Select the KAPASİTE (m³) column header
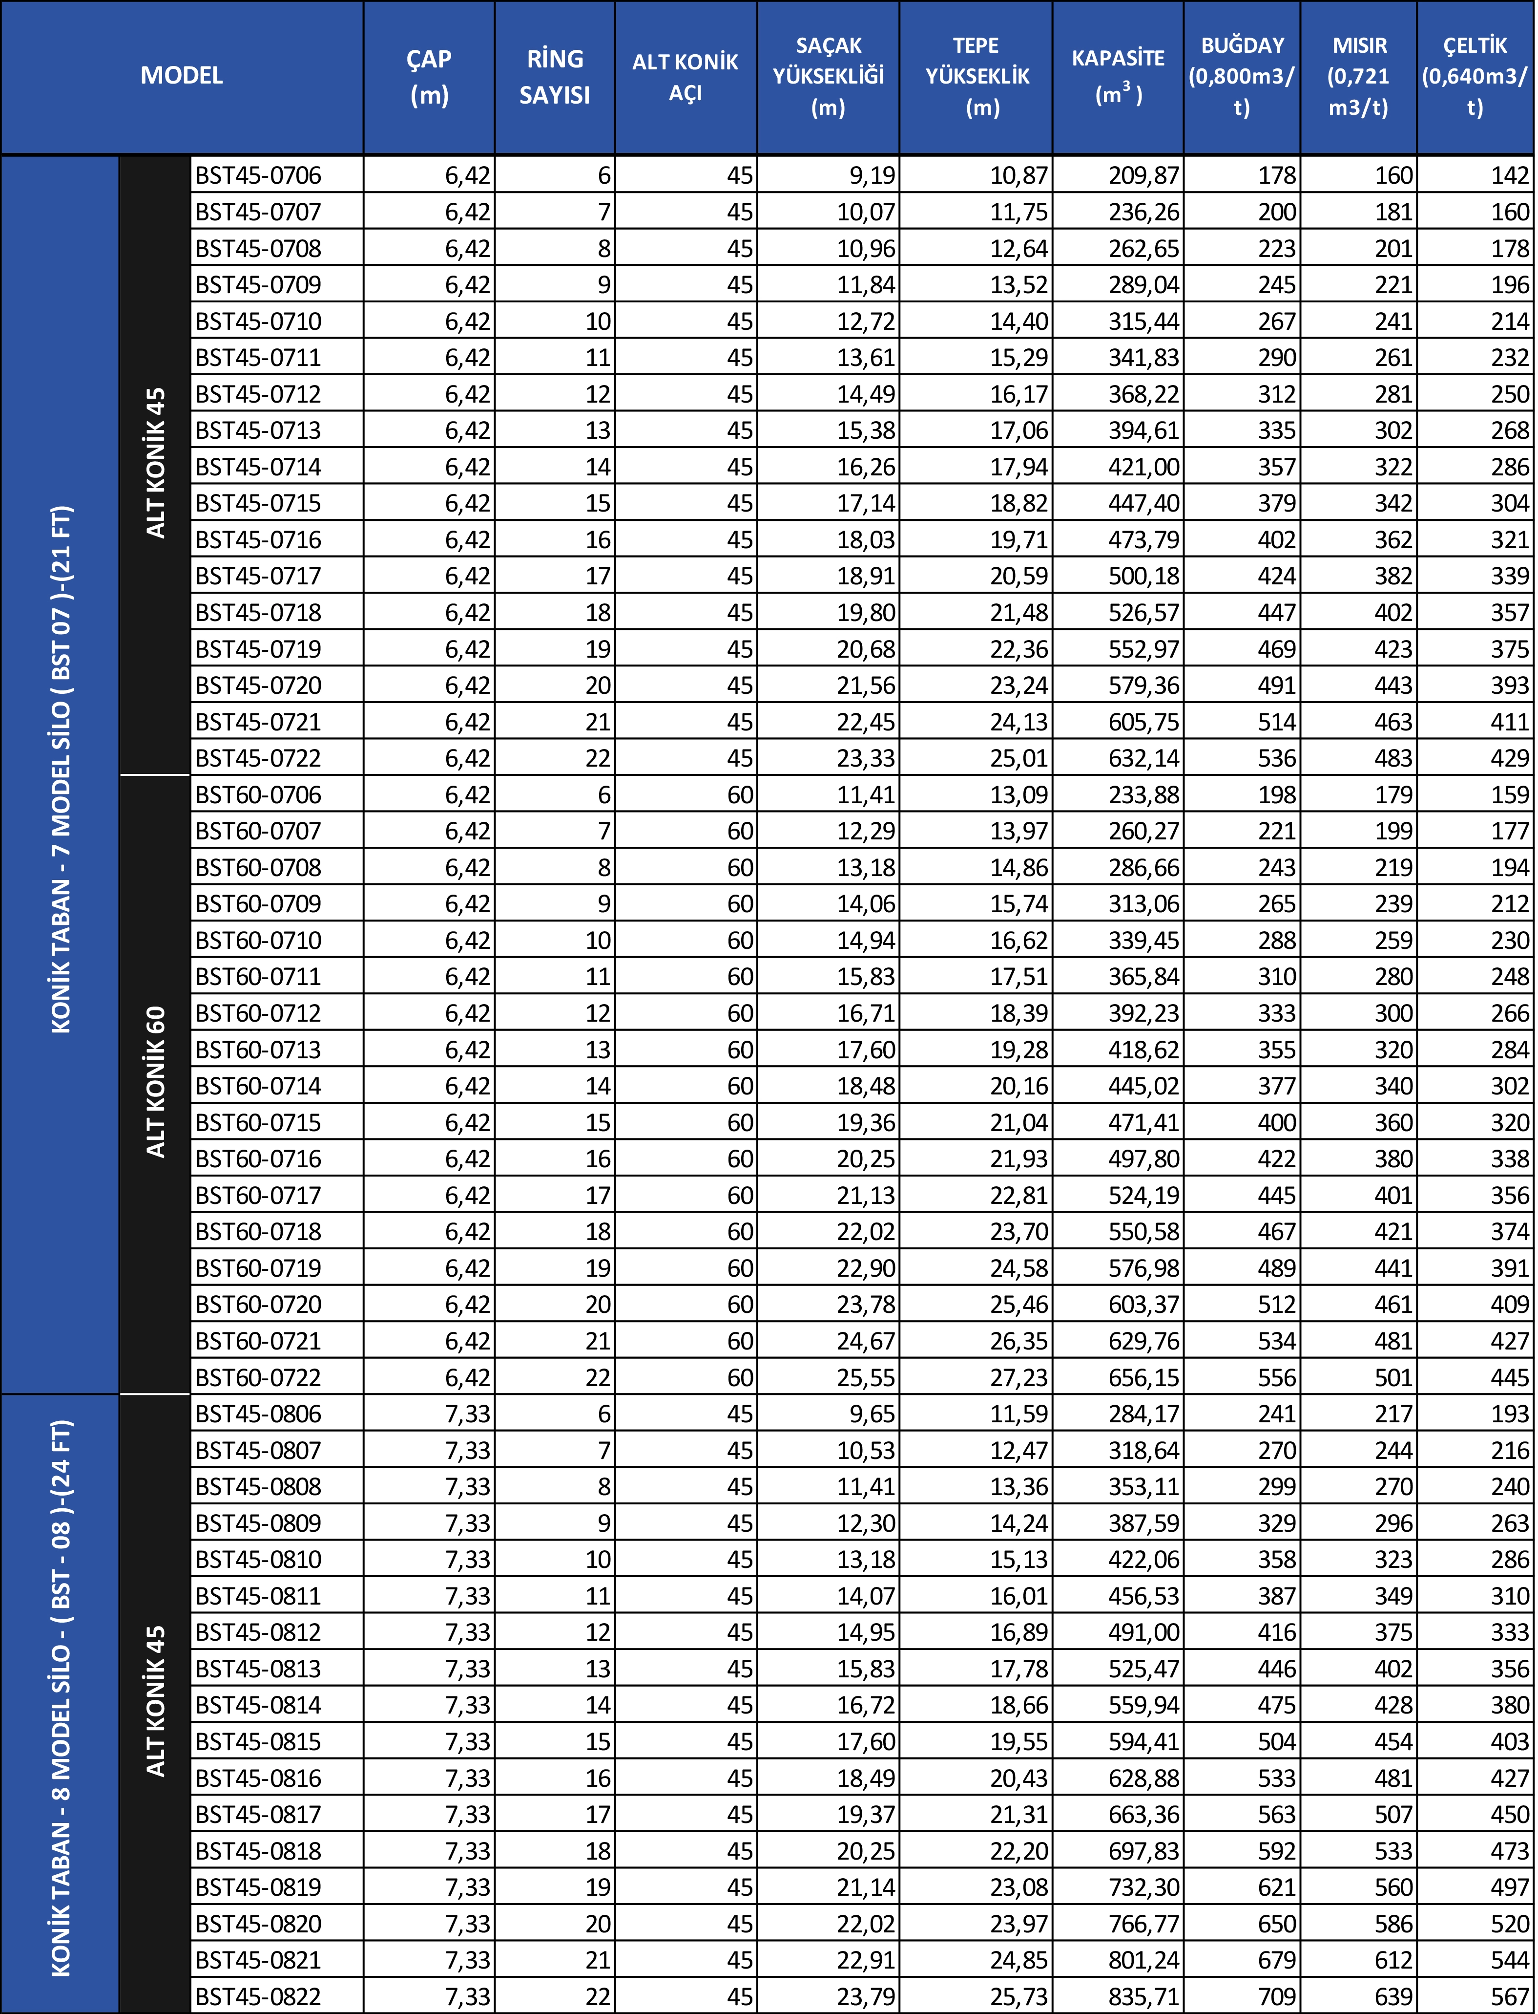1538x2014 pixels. point(1118,76)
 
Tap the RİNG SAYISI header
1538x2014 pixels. point(555,76)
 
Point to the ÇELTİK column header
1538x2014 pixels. point(1475,76)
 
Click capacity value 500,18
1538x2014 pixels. point(1143,576)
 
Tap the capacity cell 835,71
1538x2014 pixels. point(1143,1996)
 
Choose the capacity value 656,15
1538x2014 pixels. point(1143,1377)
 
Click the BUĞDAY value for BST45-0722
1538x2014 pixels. point(1276,758)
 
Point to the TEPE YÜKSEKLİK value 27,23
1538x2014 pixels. point(1018,1377)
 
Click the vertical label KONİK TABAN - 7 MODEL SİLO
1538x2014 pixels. point(61,770)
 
